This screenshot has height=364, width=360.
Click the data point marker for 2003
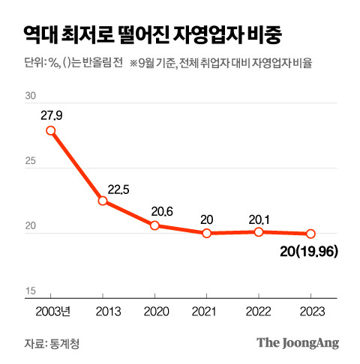[51, 130]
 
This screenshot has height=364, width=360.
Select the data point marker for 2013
[103, 201]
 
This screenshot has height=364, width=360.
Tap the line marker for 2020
[154, 225]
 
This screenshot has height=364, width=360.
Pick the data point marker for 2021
[206, 233]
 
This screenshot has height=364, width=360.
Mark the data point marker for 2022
[258, 231]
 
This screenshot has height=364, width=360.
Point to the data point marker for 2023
[310, 234]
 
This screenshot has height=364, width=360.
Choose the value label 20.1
[258, 219]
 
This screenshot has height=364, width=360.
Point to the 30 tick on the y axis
[31, 97]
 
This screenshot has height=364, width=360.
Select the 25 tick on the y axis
[31, 162]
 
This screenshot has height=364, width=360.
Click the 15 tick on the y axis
[31, 291]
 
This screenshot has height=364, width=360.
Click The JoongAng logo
[298, 343]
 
